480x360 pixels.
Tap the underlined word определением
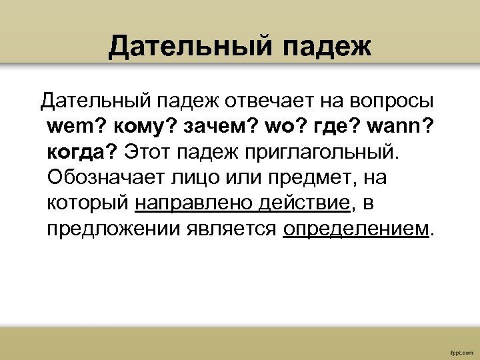point(357,229)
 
